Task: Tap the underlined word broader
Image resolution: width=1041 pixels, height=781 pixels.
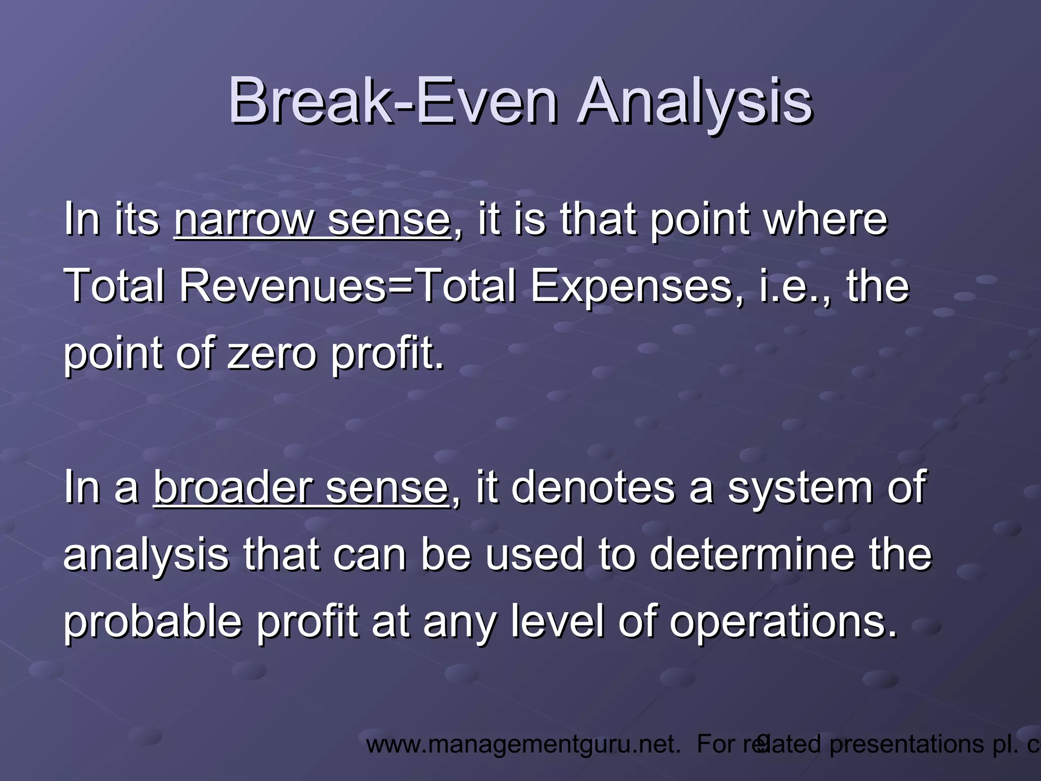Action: (x=232, y=487)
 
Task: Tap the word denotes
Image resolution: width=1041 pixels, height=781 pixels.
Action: (x=592, y=487)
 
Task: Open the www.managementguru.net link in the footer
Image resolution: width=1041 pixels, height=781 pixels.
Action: (x=524, y=744)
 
